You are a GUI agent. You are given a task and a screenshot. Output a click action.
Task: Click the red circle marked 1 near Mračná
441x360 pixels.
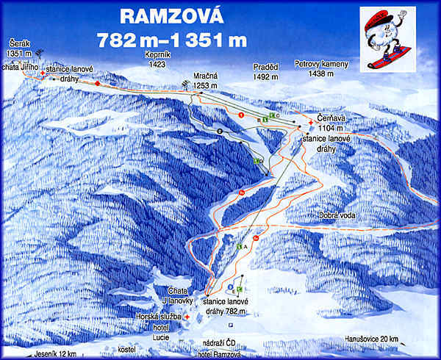point(240,115)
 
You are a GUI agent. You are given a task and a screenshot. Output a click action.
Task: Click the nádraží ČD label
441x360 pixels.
point(223,343)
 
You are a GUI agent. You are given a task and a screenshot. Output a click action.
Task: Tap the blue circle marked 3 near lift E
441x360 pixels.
point(230,286)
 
